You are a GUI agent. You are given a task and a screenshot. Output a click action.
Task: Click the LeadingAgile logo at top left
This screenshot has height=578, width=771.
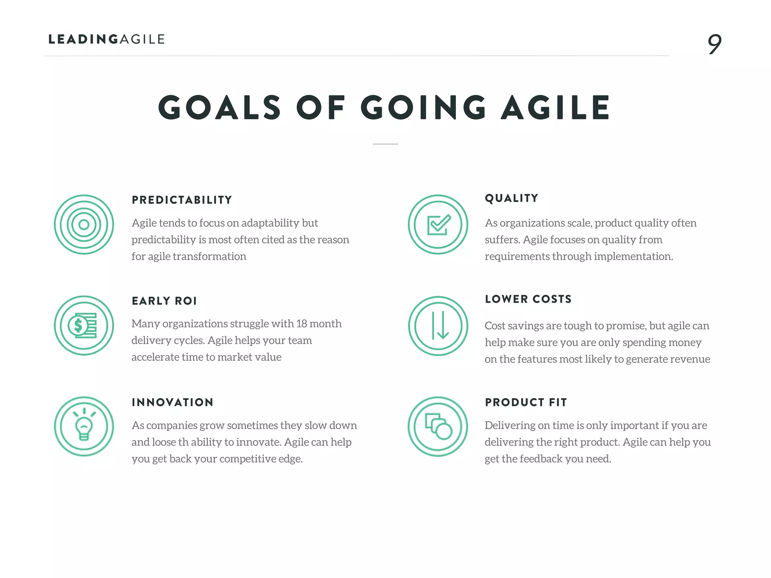[x=107, y=39]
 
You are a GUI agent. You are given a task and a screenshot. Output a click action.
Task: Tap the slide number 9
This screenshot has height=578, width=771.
[x=714, y=44]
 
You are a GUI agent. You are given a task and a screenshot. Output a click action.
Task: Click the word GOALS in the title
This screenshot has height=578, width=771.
[x=219, y=108]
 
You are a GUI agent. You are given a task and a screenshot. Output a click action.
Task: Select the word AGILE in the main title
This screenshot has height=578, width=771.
[x=555, y=108]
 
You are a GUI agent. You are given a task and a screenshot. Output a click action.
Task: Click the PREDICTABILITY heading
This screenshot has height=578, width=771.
[x=182, y=200]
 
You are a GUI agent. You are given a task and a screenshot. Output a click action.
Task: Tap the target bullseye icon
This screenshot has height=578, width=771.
[x=84, y=225]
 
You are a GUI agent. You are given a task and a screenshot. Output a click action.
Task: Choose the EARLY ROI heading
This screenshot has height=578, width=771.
[x=164, y=301]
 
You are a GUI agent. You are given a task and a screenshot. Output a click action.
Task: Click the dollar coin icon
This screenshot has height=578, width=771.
[x=84, y=326]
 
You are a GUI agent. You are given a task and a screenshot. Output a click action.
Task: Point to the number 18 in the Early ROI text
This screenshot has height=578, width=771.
[x=302, y=324]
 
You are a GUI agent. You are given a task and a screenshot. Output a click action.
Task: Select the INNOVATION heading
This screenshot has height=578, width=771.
[x=172, y=402]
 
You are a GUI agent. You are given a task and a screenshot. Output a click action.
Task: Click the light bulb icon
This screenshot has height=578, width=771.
[x=84, y=426]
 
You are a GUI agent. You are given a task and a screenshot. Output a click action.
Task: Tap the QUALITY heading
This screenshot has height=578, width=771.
[x=512, y=198]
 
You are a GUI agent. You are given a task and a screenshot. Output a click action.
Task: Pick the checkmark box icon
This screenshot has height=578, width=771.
[x=438, y=225]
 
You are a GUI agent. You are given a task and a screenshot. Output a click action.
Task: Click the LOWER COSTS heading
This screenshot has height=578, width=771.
[x=528, y=299]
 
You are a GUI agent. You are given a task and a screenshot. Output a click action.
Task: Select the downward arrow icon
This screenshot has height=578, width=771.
[x=438, y=326]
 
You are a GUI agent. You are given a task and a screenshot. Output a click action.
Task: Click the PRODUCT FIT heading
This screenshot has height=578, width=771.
[x=526, y=402]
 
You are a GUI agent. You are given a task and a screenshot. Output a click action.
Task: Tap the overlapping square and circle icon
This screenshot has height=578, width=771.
[x=438, y=426]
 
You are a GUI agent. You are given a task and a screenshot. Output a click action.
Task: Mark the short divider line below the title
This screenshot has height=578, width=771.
[x=385, y=144]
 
